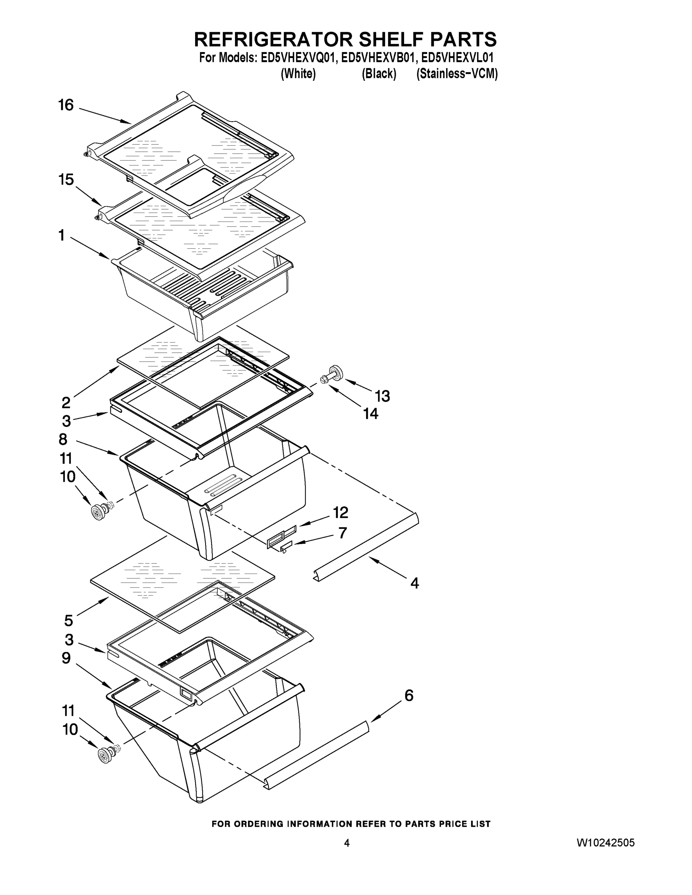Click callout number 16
coord(66,105)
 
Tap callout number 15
coord(66,179)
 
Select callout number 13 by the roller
coord(382,396)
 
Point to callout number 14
coord(370,414)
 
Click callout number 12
coord(340,512)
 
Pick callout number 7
coord(343,533)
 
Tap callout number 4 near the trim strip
coord(414,583)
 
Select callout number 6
coord(409,695)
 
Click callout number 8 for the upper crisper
coord(63,439)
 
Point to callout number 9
coord(66,658)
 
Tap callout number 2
coord(66,403)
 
